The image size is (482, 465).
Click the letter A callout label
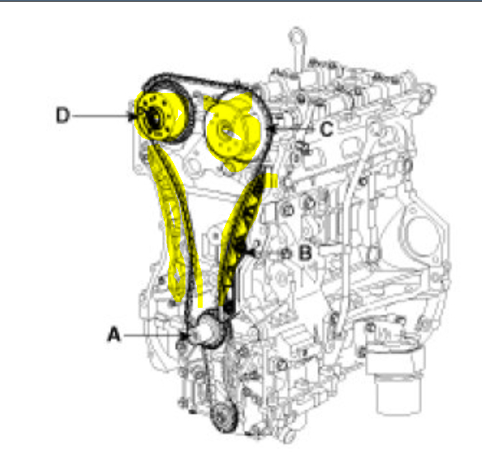(114, 333)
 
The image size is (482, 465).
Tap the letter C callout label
(325, 129)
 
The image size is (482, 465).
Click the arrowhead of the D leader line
(137, 117)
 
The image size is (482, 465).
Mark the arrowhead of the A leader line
(186, 335)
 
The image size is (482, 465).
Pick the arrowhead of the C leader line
(269, 129)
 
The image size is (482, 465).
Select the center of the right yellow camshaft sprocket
(226, 130)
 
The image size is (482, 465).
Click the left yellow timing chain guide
(173, 230)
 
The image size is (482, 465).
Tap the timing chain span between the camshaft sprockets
(198, 81)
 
